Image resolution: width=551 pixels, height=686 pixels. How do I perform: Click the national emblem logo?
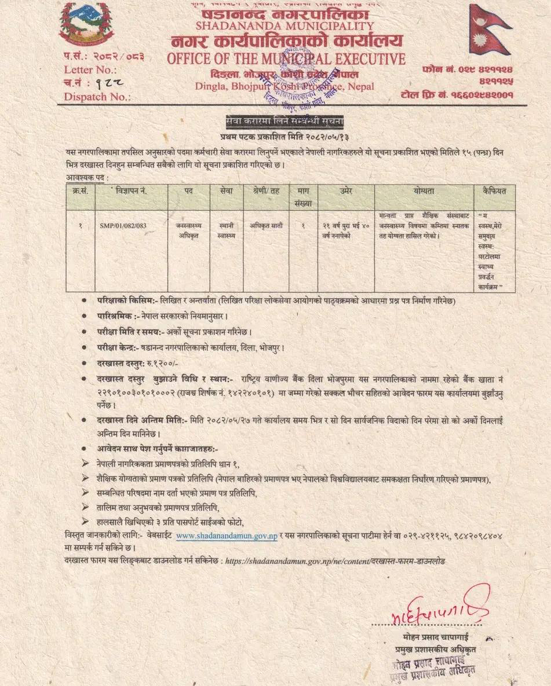[86, 24]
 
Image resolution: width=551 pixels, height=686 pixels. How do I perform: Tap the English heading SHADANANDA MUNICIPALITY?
[285, 26]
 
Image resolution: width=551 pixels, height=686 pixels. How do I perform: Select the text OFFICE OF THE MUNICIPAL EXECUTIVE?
[286, 58]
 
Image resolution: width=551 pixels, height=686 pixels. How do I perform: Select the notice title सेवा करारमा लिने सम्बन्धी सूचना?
[284, 122]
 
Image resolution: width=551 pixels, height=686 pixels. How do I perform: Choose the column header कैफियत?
[494, 190]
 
